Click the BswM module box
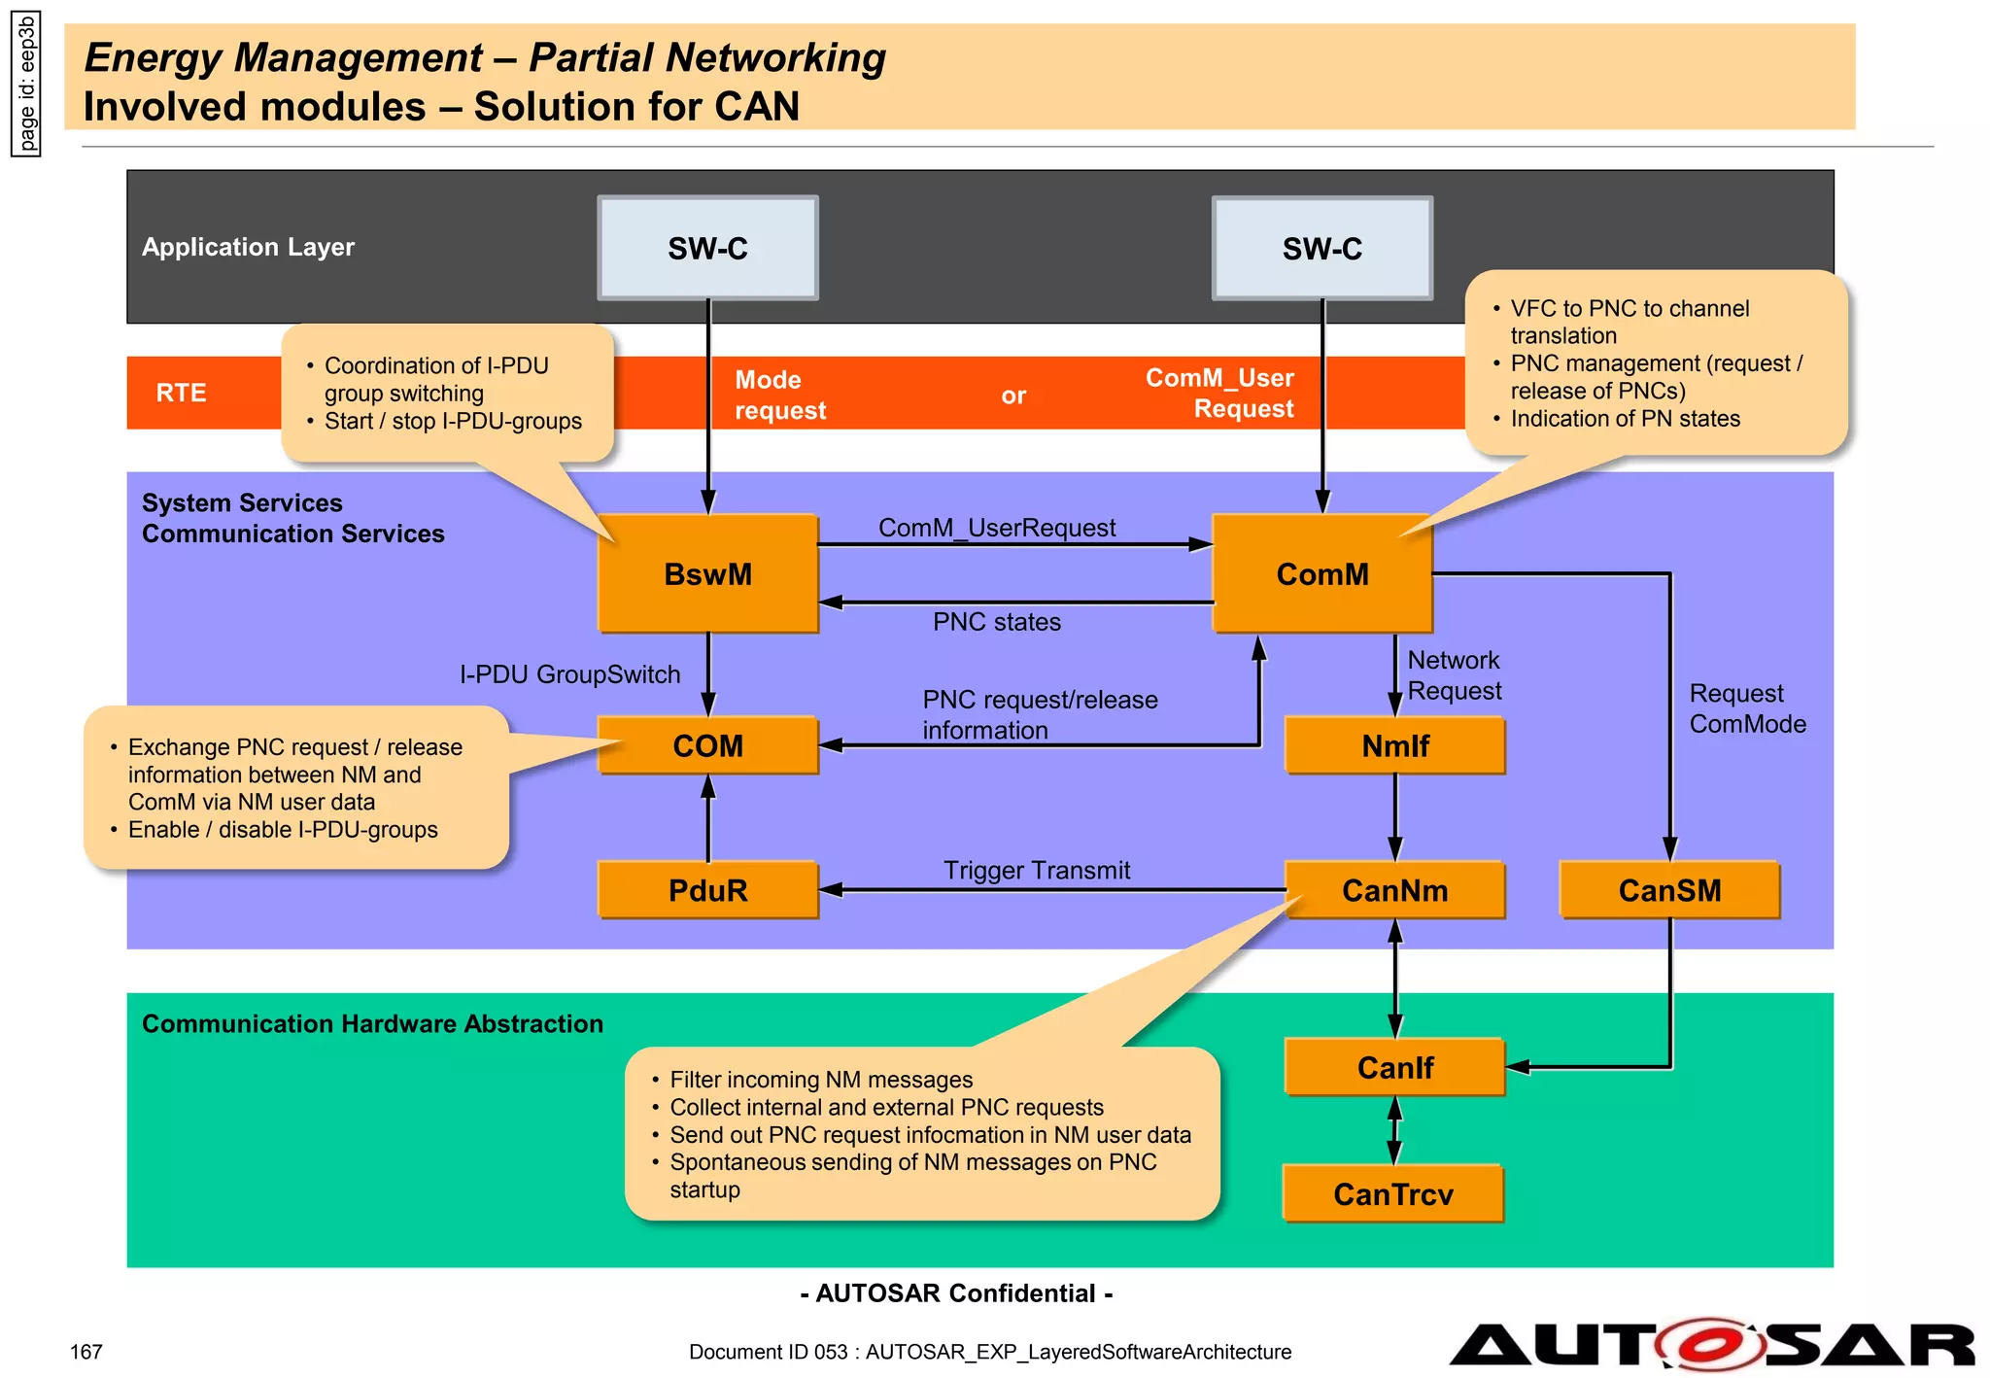coord(707,573)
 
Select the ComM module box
coord(1321,573)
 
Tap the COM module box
coord(707,745)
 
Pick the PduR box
coord(707,890)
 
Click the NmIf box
coord(1394,745)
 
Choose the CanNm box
coord(1394,890)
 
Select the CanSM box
coord(1669,890)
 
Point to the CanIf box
coord(1394,1067)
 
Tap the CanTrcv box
coord(1392,1193)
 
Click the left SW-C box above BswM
coord(707,249)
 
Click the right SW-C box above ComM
coord(1321,249)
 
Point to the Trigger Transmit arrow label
coord(1037,870)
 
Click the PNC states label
coord(997,622)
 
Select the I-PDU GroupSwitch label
coord(569,674)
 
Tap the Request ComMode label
coord(1746,708)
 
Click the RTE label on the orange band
coord(181,393)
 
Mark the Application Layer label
coord(248,247)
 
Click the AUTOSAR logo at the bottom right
coord(1710,1345)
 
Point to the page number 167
coord(86,1352)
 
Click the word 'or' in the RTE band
coord(1013,396)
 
